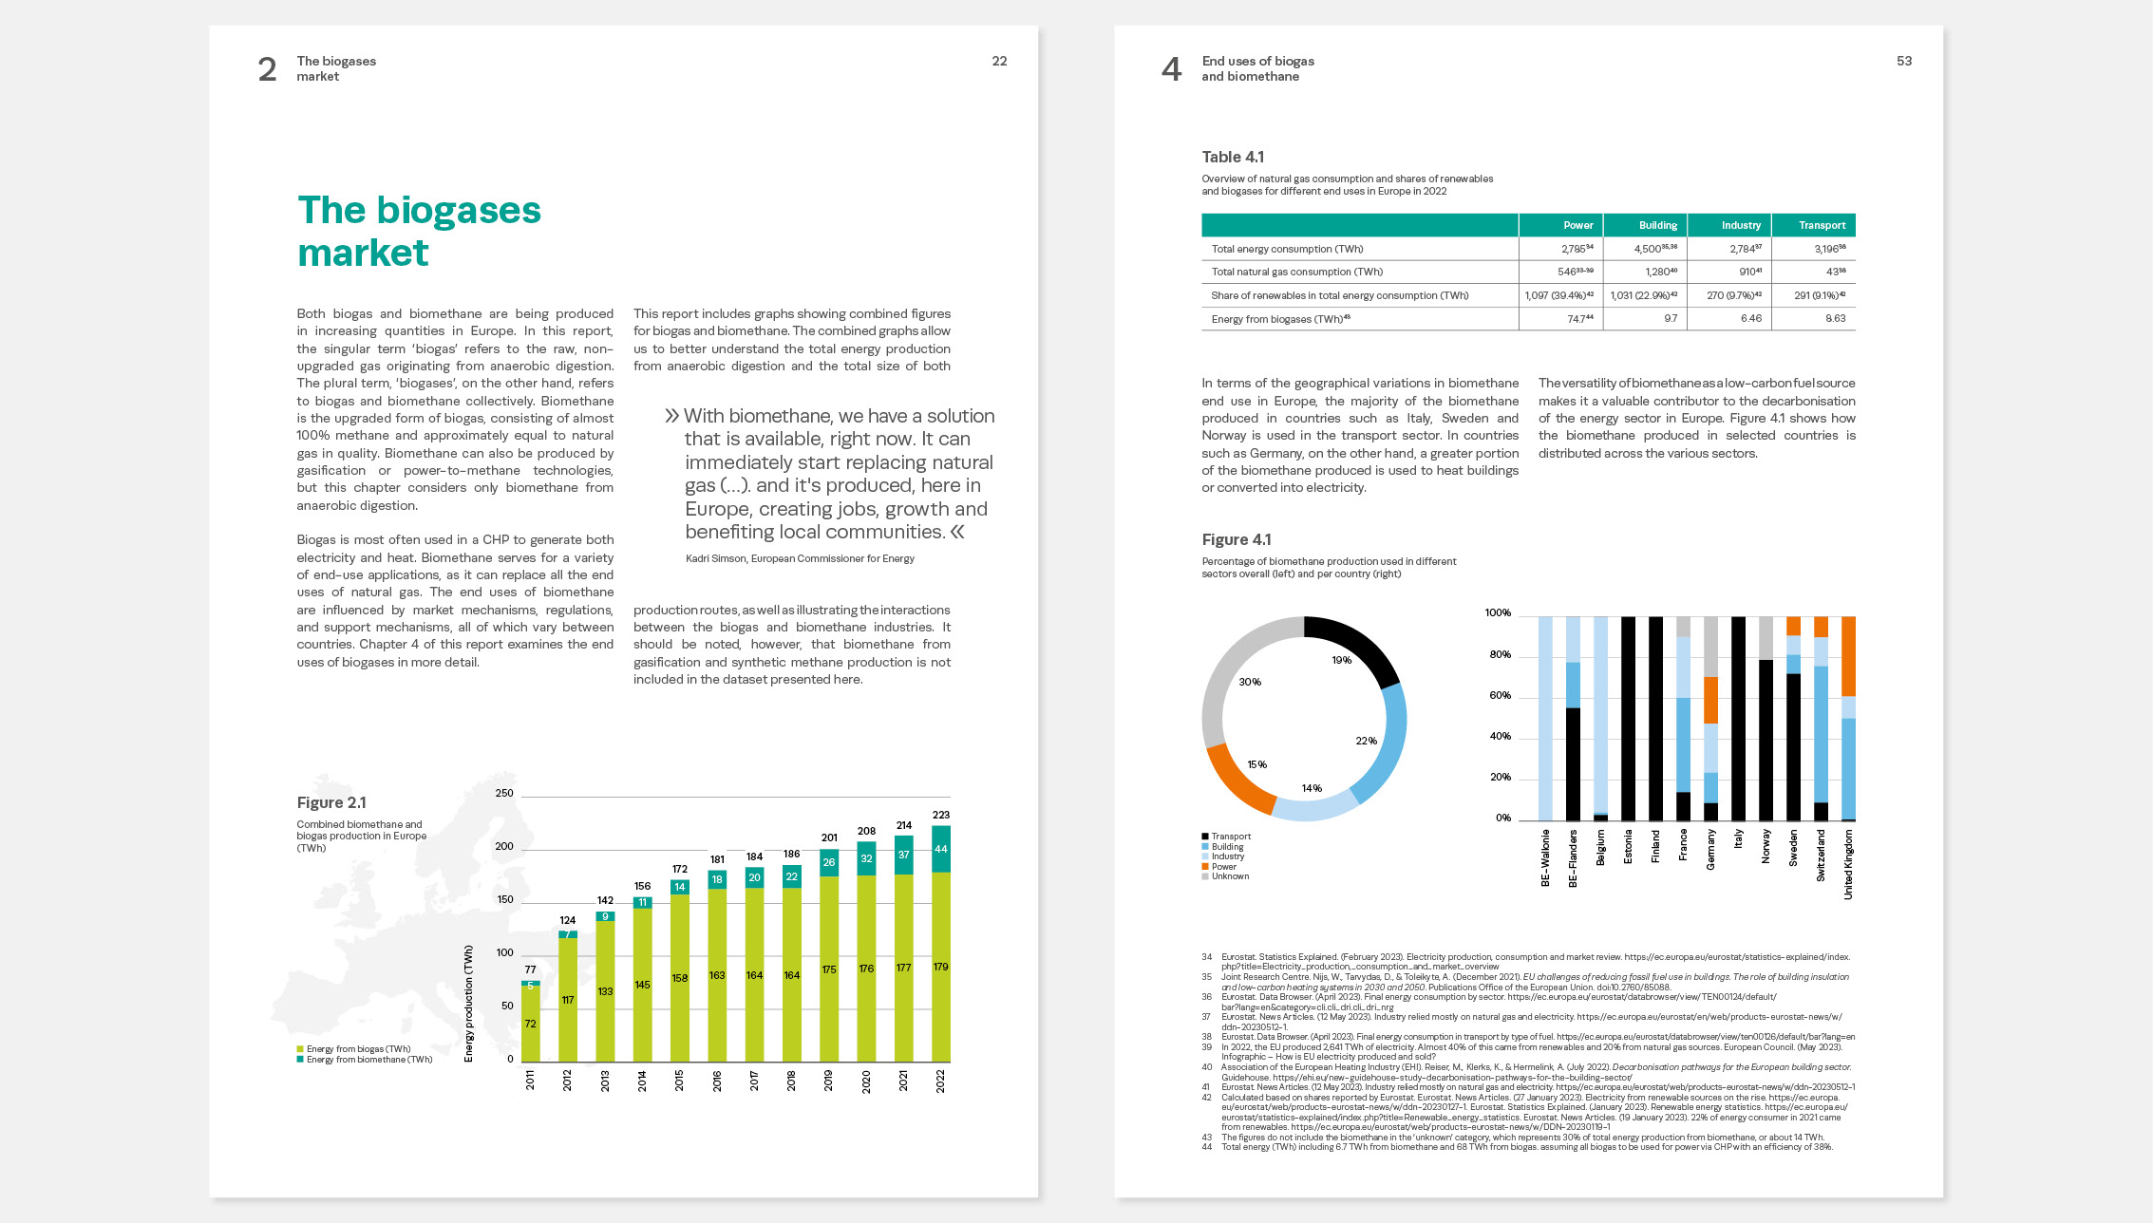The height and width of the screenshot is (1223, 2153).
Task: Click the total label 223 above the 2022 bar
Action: click(940, 815)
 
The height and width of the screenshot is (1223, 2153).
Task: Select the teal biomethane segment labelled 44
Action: click(940, 849)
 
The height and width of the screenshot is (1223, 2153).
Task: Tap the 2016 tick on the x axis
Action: click(717, 1081)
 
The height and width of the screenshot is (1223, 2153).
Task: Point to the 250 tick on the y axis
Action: click(504, 793)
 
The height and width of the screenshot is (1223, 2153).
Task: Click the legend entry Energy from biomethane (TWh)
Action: click(368, 1060)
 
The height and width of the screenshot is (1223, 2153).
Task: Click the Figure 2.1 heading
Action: click(331, 802)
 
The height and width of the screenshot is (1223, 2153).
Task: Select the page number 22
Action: click(999, 61)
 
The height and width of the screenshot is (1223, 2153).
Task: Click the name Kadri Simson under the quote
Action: click(716, 558)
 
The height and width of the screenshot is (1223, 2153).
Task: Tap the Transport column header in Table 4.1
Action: click(1822, 225)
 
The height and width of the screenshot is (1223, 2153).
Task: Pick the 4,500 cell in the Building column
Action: click(1649, 249)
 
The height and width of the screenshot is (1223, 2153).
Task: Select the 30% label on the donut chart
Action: click(1250, 682)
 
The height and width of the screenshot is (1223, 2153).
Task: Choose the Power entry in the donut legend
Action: click(1223, 866)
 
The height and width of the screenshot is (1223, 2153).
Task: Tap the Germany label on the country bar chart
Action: click(1710, 850)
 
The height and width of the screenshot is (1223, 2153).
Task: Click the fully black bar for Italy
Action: click(1738, 719)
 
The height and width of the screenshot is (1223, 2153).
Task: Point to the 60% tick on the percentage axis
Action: click(1500, 695)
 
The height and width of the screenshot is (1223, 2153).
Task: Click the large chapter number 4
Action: click(1172, 69)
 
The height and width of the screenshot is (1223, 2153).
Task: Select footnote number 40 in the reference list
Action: click(1206, 1067)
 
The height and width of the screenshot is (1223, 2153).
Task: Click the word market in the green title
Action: click(363, 253)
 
